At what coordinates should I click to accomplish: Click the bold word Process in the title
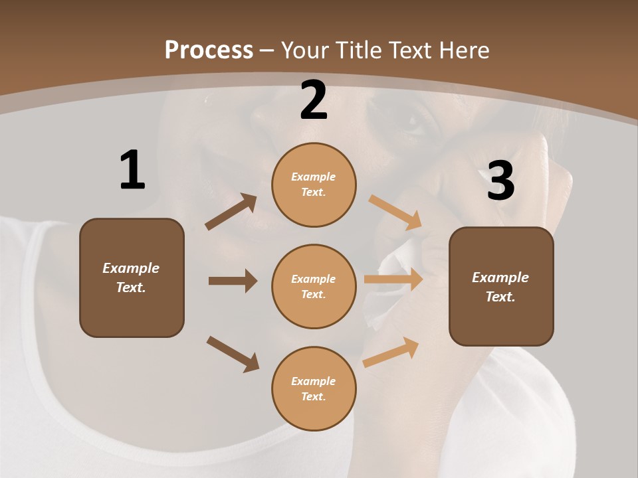coord(209,50)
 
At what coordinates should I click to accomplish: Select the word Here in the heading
coord(462,50)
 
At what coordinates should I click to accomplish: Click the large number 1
coord(132,171)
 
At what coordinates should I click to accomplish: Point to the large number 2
coord(314,101)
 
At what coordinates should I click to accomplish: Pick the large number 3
coord(500,181)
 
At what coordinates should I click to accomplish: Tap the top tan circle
coord(314,185)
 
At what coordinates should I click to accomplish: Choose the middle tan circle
coord(314,286)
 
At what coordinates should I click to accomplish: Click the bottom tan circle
coord(314,388)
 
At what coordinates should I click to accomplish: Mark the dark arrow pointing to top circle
coord(231,212)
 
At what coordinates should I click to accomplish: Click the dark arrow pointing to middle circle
coord(233,281)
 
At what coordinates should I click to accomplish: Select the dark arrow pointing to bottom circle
coord(233,353)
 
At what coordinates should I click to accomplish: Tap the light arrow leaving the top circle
coord(395,212)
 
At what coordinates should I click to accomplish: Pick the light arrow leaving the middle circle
coord(393,279)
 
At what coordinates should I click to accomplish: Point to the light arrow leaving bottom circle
coord(391,352)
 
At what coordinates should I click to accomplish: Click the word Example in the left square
coord(131,268)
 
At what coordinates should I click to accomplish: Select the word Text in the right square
coord(500,297)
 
